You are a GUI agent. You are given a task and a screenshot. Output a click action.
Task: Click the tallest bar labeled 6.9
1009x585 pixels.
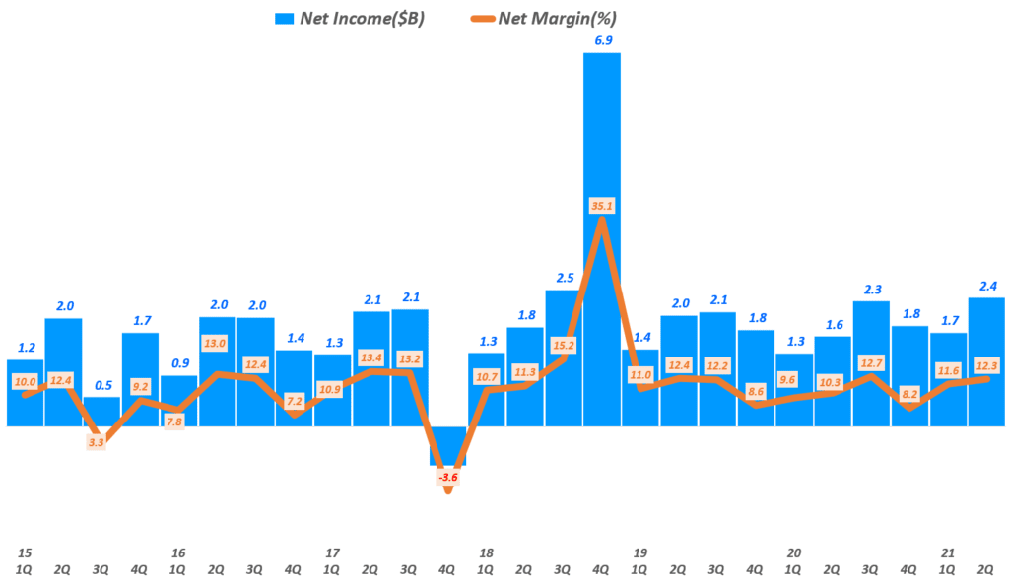tap(602, 148)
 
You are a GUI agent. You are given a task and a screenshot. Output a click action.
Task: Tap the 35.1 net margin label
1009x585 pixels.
tap(602, 233)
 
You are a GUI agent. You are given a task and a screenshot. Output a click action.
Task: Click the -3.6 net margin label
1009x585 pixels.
tap(448, 478)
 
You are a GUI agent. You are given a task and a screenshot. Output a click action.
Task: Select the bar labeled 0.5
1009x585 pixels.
tap(101, 412)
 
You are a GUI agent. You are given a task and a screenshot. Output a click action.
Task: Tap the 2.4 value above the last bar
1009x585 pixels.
tap(986, 287)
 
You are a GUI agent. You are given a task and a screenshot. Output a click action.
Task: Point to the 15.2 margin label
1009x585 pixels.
tap(564, 346)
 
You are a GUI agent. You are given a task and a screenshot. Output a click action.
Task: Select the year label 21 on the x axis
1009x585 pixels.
tap(948, 552)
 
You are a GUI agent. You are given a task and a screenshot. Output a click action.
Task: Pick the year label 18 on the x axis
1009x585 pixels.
tap(486, 552)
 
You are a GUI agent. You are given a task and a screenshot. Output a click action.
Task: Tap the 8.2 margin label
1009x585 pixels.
tap(910, 394)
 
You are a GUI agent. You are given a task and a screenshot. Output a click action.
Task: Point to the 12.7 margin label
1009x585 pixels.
tap(870, 362)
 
